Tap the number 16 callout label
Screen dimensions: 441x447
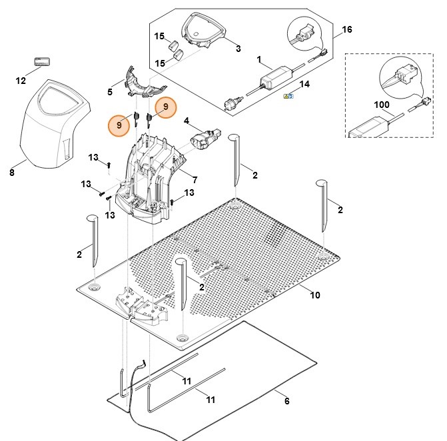(x=346, y=30)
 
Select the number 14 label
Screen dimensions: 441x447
(x=305, y=85)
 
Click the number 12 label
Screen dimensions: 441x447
(x=21, y=81)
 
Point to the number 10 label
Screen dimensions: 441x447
(x=315, y=295)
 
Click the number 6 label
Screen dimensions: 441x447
(x=286, y=402)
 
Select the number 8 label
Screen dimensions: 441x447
(x=12, y=173)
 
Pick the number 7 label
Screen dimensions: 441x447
(x=195, y=180)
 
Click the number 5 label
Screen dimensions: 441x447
(x=110, y=91)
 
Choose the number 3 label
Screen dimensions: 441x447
(x=238, y=49)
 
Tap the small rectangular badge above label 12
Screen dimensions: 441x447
(x=43, y=61)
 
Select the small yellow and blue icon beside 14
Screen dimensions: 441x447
(x=288, y=97)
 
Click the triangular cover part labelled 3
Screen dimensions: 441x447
(x=205, y=30)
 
